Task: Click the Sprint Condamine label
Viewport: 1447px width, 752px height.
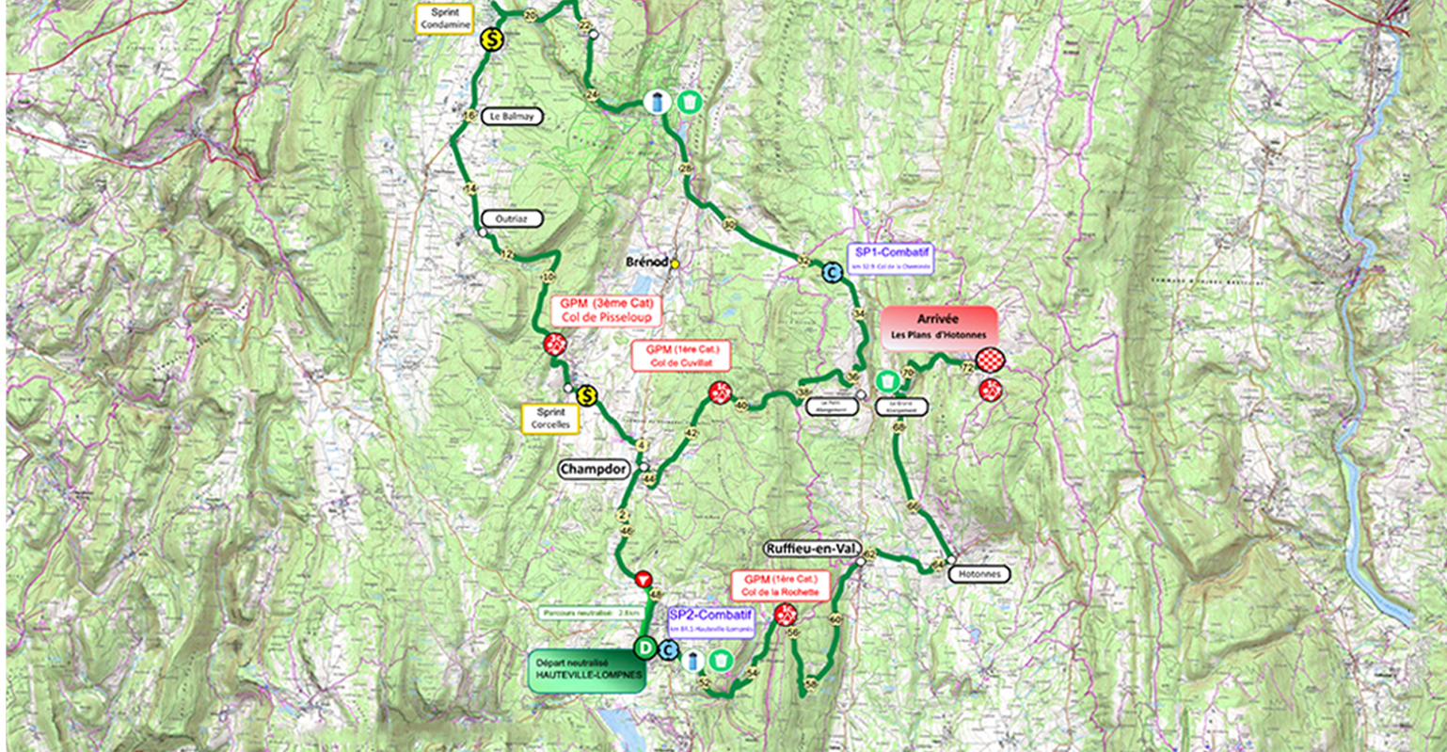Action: tap(445, 18)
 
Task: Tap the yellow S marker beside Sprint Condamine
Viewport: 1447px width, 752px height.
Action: tap(491, 40)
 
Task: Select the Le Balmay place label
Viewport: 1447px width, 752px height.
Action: tap(512, 117)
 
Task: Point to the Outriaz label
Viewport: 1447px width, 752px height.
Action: tap(512, 218)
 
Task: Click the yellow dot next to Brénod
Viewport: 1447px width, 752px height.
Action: tap(675, 264)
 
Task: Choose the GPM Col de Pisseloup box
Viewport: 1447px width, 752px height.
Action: tap(606, 311)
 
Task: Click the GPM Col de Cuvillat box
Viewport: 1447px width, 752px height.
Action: tap(681, 356)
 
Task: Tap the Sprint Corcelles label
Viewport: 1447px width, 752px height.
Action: tap(550, 419)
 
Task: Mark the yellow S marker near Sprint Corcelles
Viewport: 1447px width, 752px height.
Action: tap(587, 395)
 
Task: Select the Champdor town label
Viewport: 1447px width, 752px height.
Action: tap(594, 470)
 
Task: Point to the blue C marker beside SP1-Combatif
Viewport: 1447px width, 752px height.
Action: tap(832, 273)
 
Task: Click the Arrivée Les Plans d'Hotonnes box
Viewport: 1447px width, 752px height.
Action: tap(938, 327)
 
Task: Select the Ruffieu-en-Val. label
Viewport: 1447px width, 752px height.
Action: tap(812, 549)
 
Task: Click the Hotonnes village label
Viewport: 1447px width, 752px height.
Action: tap(978, 574)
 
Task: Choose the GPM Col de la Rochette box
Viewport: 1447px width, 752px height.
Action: tap(780, 585)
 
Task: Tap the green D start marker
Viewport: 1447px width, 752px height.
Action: tap(644, 648)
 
